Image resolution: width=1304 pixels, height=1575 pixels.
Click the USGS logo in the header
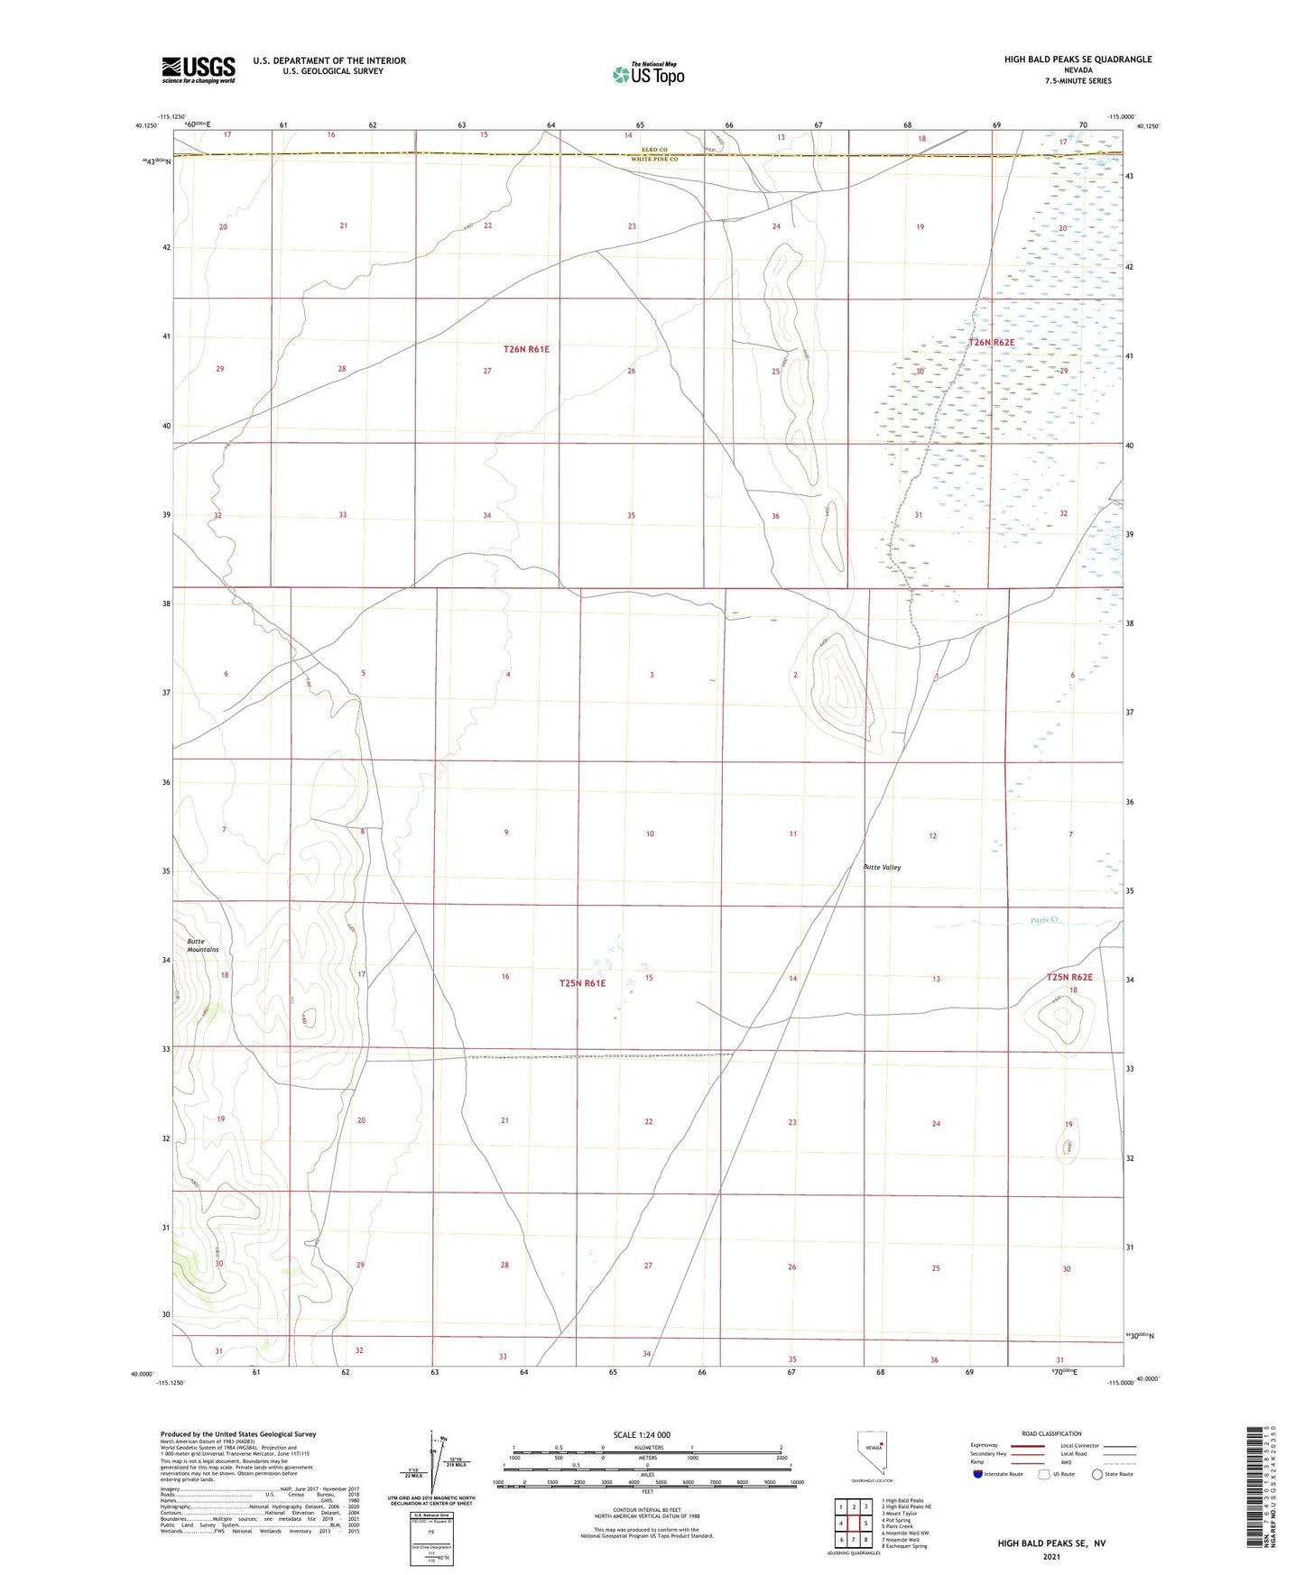(198, 69)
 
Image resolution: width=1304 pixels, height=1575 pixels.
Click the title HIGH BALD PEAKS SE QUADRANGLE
(1077, 60)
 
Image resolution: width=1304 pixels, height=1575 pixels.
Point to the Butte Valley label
(882, 867)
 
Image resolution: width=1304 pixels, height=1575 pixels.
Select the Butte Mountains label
(202, 945)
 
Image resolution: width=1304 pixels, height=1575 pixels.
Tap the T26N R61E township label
(526, 349)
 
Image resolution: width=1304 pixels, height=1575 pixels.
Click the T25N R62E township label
(1069, 978)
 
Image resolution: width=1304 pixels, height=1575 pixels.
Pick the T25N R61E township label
(582, 983)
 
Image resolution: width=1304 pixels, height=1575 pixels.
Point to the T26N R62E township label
(992, 343)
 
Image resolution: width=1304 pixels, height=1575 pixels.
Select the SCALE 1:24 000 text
(642, 1435)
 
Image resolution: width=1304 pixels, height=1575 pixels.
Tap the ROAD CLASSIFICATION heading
(1051, 1433)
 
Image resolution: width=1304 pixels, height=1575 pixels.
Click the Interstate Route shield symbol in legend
(978, 1474)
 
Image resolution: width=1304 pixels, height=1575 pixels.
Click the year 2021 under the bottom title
(1050, 1557)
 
